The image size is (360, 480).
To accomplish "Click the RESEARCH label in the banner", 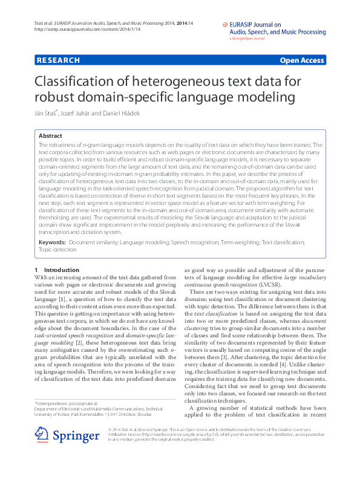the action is [58, 60].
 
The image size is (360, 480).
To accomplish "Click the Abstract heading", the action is [50, 137].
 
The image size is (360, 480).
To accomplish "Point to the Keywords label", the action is [52, 242].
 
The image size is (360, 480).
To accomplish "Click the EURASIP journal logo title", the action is [274, 28].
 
